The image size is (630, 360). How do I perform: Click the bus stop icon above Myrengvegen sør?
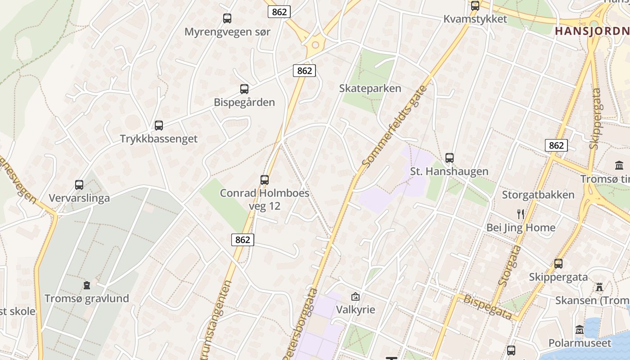227,18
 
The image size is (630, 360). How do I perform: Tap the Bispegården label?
244,102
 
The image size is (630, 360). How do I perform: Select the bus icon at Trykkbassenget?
158,126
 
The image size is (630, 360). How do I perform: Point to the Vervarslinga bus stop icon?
79,185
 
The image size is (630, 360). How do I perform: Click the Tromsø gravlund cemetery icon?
86,285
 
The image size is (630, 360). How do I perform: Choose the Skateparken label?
370,88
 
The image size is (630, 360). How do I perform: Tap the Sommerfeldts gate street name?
395,127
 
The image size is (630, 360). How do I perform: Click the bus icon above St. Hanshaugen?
449,158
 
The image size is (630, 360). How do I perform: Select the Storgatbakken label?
538,195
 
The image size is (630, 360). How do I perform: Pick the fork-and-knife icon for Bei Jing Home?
521,214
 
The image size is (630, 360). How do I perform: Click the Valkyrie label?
355,310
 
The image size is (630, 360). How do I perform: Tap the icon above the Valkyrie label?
355,297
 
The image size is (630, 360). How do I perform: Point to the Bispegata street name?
487,307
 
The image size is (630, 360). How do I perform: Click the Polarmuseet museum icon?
580,330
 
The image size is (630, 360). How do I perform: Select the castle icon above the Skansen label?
599,287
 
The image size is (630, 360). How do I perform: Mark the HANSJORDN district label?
592,31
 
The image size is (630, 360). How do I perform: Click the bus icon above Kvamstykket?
475,6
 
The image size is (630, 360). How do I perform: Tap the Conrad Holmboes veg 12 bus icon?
265,180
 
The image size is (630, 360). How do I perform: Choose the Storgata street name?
510,265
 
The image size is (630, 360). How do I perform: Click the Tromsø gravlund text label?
86,298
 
